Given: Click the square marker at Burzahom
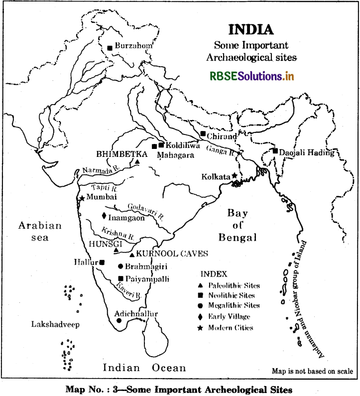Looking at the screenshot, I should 110,48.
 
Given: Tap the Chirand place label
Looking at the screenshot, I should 223,135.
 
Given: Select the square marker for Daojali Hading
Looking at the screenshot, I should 275,151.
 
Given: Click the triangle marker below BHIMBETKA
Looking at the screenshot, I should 137,162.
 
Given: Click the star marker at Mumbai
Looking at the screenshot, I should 82,198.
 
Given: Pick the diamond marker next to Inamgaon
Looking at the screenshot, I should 104,216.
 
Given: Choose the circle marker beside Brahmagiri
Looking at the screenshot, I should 120,266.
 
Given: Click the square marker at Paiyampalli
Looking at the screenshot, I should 120,278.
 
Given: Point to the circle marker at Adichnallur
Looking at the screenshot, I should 119,321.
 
